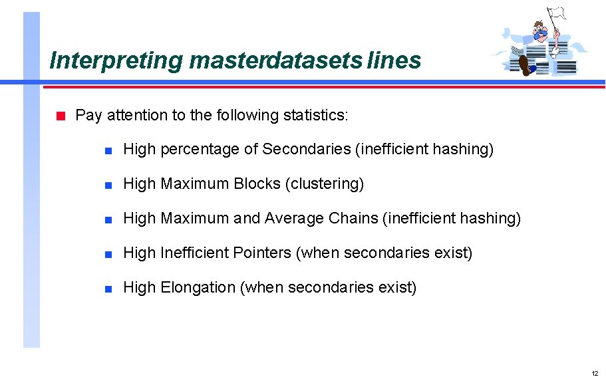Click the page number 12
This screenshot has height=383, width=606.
pos(594,373)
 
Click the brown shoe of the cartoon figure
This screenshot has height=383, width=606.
pos(525,65)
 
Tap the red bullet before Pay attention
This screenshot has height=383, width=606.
pos(60,116)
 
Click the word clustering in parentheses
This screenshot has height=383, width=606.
pos(324,184)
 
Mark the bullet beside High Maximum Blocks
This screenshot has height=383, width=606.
pos(108,185)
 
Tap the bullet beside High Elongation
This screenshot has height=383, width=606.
pos(108,289)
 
